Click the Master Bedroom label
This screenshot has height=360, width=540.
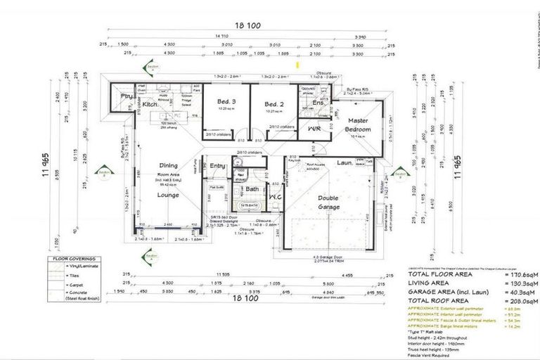tap(356, 125)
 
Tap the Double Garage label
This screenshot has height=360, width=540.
tap(328, 202)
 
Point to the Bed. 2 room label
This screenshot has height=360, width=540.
tap(273, 101)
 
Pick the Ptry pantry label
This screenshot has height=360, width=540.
tap(127, 96)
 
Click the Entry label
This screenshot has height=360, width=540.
tap(217, 165)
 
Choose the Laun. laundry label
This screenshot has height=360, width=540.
tap(344, 162)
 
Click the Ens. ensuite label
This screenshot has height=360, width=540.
tap(318, 103)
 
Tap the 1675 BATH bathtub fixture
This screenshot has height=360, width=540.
tap(247, 205)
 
